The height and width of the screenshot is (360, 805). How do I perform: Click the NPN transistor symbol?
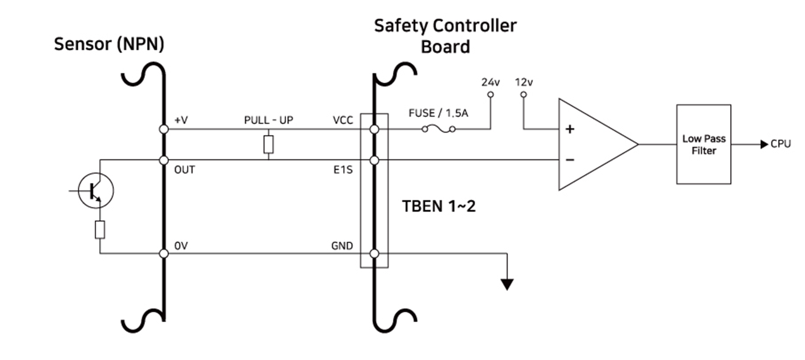tap(96, 190)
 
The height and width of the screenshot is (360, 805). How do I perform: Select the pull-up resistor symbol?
tap(268, 145)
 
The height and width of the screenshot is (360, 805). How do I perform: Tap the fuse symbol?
tap(438, 129)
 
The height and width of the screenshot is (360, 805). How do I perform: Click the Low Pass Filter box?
tap(704, 145)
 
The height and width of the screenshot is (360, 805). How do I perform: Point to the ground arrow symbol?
tap(507, 284)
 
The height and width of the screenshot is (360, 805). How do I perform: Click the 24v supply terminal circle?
tap(490, 95)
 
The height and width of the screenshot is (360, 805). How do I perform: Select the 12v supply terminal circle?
tap(523, 95)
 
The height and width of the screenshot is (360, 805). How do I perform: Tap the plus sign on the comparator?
tap(570, 129)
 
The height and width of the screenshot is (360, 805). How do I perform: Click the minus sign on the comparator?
tap(570, 160)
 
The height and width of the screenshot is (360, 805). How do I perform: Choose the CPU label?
tap(780, 144)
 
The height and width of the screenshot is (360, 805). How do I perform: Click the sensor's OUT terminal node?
tap(164, 160)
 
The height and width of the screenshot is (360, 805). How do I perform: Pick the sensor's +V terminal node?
tap(164, 129)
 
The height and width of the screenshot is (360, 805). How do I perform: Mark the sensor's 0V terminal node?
tap(164, 254)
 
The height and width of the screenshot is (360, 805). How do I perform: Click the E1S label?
tap(343, 170)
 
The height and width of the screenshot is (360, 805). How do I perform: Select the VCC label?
tap(343, 120)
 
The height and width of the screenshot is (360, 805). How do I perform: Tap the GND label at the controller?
tap(342, 246)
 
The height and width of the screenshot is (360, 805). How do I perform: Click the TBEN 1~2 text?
tap(439, 206)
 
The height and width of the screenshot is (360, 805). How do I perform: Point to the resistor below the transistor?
tap(100, 230)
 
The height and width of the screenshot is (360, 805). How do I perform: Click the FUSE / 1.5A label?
tap(438, 113)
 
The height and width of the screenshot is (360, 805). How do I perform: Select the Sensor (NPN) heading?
tap(109, 44)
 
